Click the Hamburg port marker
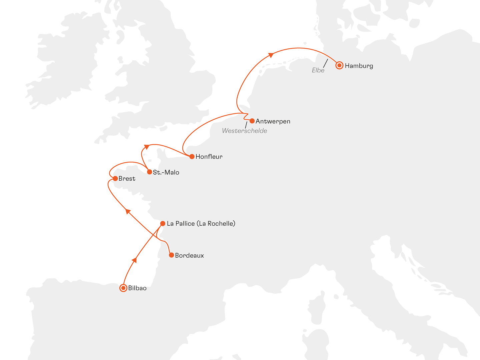click(339, 65)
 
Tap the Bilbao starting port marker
click(123, 288)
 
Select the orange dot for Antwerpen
click(252, 121)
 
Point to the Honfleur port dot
click(192, 156)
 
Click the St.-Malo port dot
click(150, 172)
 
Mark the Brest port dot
click(115, 178)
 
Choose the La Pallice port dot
click(163, 223)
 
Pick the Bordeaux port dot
click(171, 255)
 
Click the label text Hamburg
click(359, 66)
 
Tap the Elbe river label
click(318, 70)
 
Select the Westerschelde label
click(244, 131)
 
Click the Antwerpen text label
click(273, 121)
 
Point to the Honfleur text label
click(209, 157)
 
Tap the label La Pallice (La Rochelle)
click(201, 224)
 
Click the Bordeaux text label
click(189, 256)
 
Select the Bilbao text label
click(137, 288)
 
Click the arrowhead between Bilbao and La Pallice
click(135, 260)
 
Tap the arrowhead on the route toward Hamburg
click(271, 55)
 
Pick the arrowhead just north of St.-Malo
click(146, 147)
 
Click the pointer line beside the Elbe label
click(325, 63)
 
